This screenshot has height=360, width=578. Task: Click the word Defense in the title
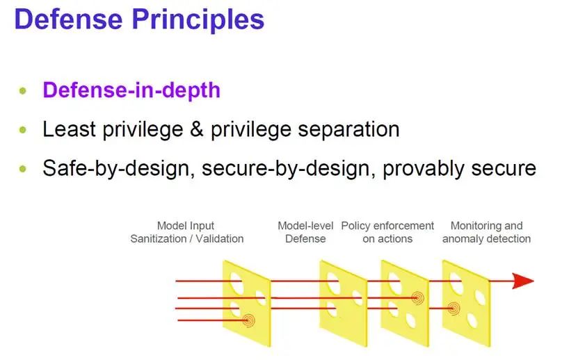[69, 19]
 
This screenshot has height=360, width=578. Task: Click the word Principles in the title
[198, 20]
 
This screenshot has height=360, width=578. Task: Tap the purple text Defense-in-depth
[131, 90]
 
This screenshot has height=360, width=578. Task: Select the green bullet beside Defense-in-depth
[23, 90]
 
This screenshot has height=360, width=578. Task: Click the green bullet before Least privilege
[23, 130]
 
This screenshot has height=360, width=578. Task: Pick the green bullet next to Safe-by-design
[23, 169]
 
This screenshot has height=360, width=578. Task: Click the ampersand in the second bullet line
[197, 129]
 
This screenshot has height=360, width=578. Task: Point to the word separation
[348, 130]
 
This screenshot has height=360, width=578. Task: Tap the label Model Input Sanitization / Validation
[186, 232]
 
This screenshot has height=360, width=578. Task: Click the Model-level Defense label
[305, 232]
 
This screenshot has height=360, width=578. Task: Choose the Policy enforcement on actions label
[387, 232]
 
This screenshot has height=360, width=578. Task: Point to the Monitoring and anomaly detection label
[487, 232]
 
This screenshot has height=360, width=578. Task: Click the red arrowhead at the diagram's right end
[523, 281]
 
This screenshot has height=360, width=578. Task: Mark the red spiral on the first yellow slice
[249, 320]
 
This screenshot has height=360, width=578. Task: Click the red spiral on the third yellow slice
[417, 297]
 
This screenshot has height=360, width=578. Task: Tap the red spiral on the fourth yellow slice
[454, 309]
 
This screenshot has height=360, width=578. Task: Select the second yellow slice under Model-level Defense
[343, 303]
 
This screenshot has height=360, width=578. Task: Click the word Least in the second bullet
[70, 130]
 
